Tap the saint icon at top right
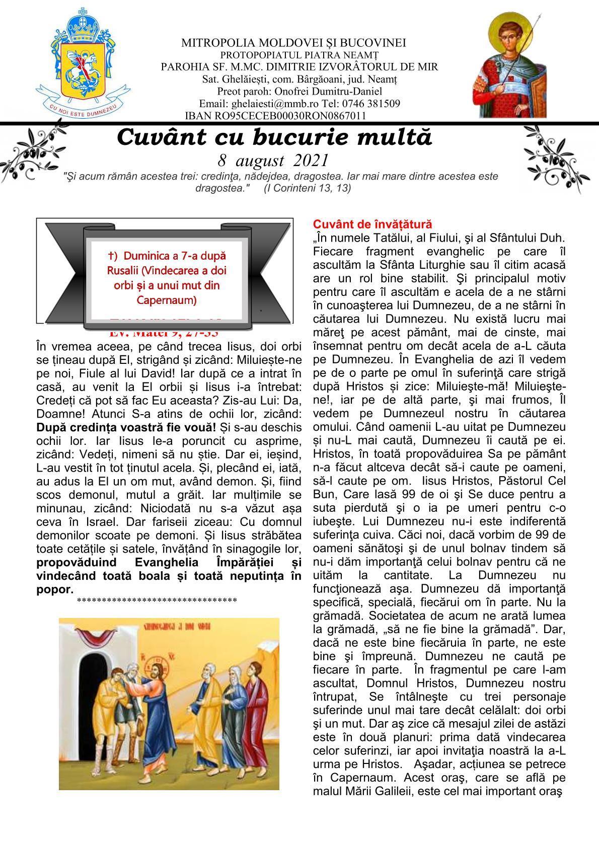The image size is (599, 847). tap(509, 64)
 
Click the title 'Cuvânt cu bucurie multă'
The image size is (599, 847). tap(274, 137)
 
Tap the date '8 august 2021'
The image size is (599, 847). tap(273, 161)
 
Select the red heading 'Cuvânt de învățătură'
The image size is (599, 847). tap(372, 224)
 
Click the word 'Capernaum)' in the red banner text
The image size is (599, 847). tap(166, 300)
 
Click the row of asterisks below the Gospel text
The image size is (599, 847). tap(157, 600)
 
